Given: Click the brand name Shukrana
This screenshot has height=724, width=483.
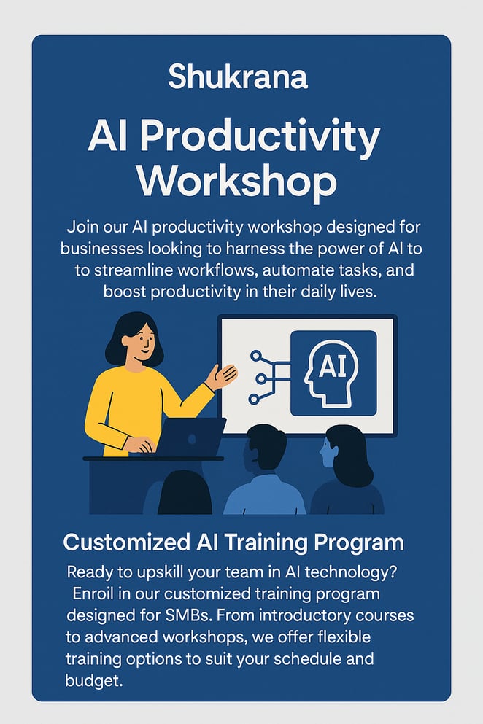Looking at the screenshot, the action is point(238,77).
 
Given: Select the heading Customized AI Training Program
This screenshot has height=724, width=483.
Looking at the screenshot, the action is point(233,542).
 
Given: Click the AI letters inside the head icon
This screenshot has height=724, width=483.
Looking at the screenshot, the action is point(333,367).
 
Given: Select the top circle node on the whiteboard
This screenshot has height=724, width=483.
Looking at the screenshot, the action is point(255,356).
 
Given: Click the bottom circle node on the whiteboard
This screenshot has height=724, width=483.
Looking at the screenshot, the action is point(254,400).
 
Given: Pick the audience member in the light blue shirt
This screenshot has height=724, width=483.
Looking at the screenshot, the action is point(264,470).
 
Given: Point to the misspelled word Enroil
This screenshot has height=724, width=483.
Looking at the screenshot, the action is point(93,593).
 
